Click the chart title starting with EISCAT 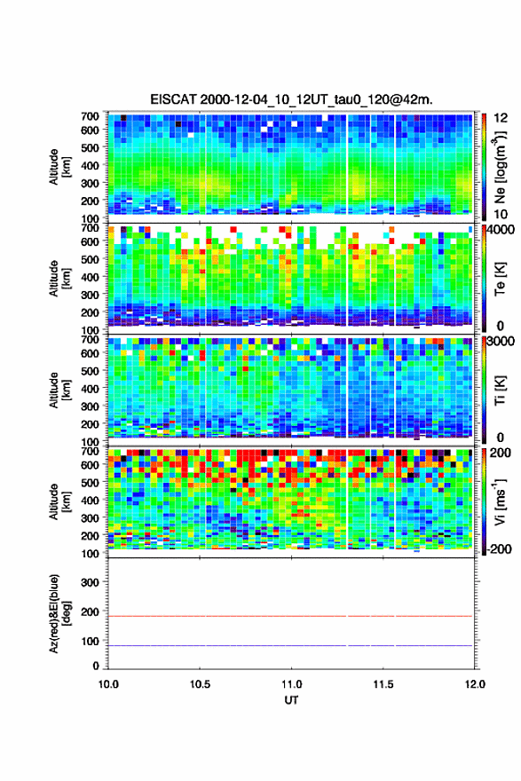291,99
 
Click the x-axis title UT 291,700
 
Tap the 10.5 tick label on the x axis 200,684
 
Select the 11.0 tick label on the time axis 291,684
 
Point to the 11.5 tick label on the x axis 383,684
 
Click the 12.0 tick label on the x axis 475,684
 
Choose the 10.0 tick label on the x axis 108,684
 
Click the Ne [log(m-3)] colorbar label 500,167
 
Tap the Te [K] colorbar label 500,279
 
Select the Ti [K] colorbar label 500,390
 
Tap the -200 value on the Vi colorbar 498,548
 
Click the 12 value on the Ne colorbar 501,118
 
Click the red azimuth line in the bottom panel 290,616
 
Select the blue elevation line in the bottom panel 290,645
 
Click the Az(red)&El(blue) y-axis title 59,613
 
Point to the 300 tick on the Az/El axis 91,582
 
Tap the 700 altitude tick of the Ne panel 91,116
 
